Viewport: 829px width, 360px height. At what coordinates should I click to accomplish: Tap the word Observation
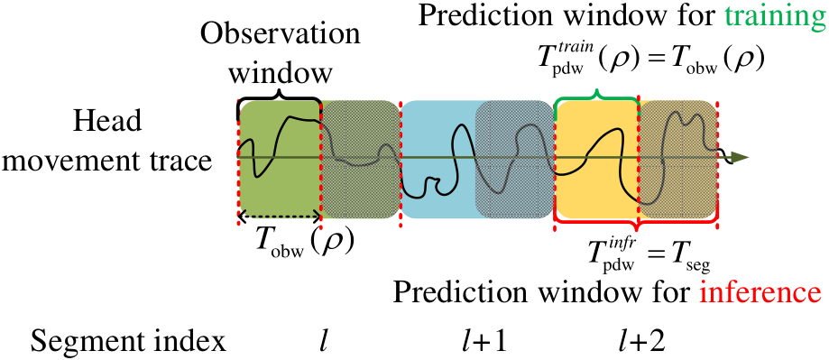tap(281, 35)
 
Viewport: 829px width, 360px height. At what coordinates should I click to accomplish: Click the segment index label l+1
tap(484, 343)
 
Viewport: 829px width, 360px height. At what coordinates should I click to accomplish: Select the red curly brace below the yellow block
tap(636, 223)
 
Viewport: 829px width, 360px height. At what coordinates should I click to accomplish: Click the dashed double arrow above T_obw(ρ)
tap(279, 216)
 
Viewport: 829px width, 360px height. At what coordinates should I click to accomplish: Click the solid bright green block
tap(279, 159)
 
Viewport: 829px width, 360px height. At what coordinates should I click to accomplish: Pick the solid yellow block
tap(597, 159)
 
